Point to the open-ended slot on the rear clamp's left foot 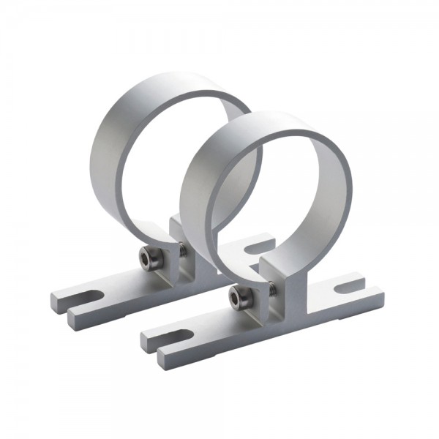85,297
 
